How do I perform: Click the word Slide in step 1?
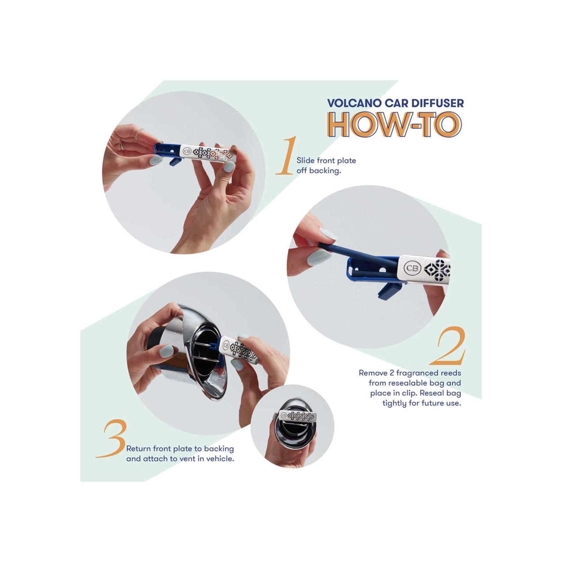click(305, 161)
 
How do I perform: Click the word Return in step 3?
click(139, 448)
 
